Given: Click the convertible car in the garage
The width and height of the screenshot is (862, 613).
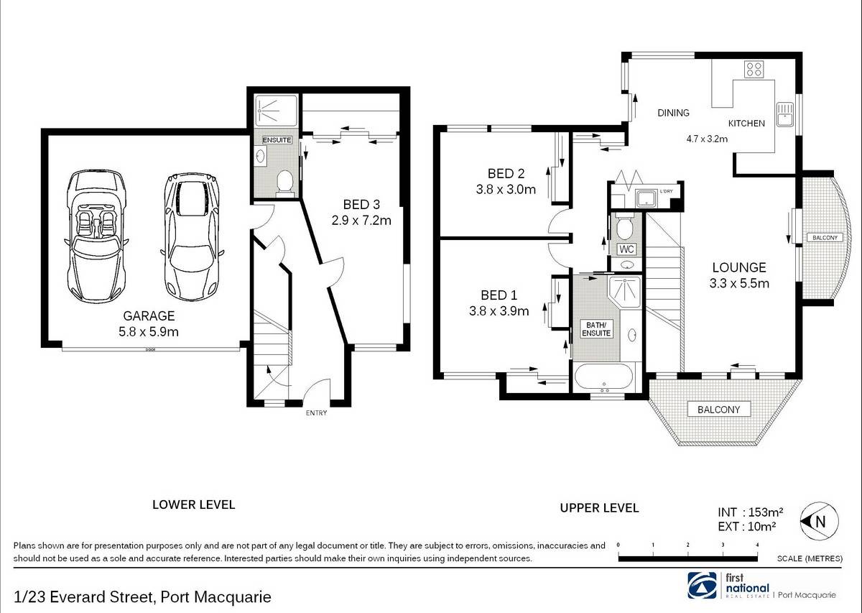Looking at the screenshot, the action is coord(96,236).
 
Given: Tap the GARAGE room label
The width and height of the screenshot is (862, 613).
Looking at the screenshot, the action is coord(149,315).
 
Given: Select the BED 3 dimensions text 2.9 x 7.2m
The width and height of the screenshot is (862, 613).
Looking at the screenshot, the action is coord(361,220).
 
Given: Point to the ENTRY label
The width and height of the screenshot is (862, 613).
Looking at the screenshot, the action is coord(316,412).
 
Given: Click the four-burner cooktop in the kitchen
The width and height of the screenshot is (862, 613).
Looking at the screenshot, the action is coord(754,70).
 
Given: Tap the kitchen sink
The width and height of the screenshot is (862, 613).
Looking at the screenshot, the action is coord(784,114).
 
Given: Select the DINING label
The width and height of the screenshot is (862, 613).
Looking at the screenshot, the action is coord(673,113).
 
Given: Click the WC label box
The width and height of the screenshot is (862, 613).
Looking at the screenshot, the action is coord(626,249).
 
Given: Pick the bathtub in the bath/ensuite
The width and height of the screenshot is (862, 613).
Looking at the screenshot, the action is coord(603,376).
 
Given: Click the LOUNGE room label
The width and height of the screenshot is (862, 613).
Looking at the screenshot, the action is coord(739,267).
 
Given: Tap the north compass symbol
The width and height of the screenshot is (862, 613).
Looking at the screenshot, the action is coord(820,521).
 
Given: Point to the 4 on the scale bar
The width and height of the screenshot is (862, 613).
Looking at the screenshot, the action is coord(757,545).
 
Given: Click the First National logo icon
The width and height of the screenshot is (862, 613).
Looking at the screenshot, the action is coord(702,585).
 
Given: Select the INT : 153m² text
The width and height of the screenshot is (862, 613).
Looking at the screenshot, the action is coord(750,512).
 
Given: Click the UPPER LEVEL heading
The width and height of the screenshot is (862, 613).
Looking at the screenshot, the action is coord(599,508).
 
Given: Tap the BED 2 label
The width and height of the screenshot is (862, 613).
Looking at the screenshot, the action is coord(506,174).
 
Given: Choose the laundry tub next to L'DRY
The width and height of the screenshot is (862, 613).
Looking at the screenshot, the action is coord(645,199).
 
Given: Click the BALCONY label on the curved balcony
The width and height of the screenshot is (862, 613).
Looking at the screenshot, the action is coord(825,238).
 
